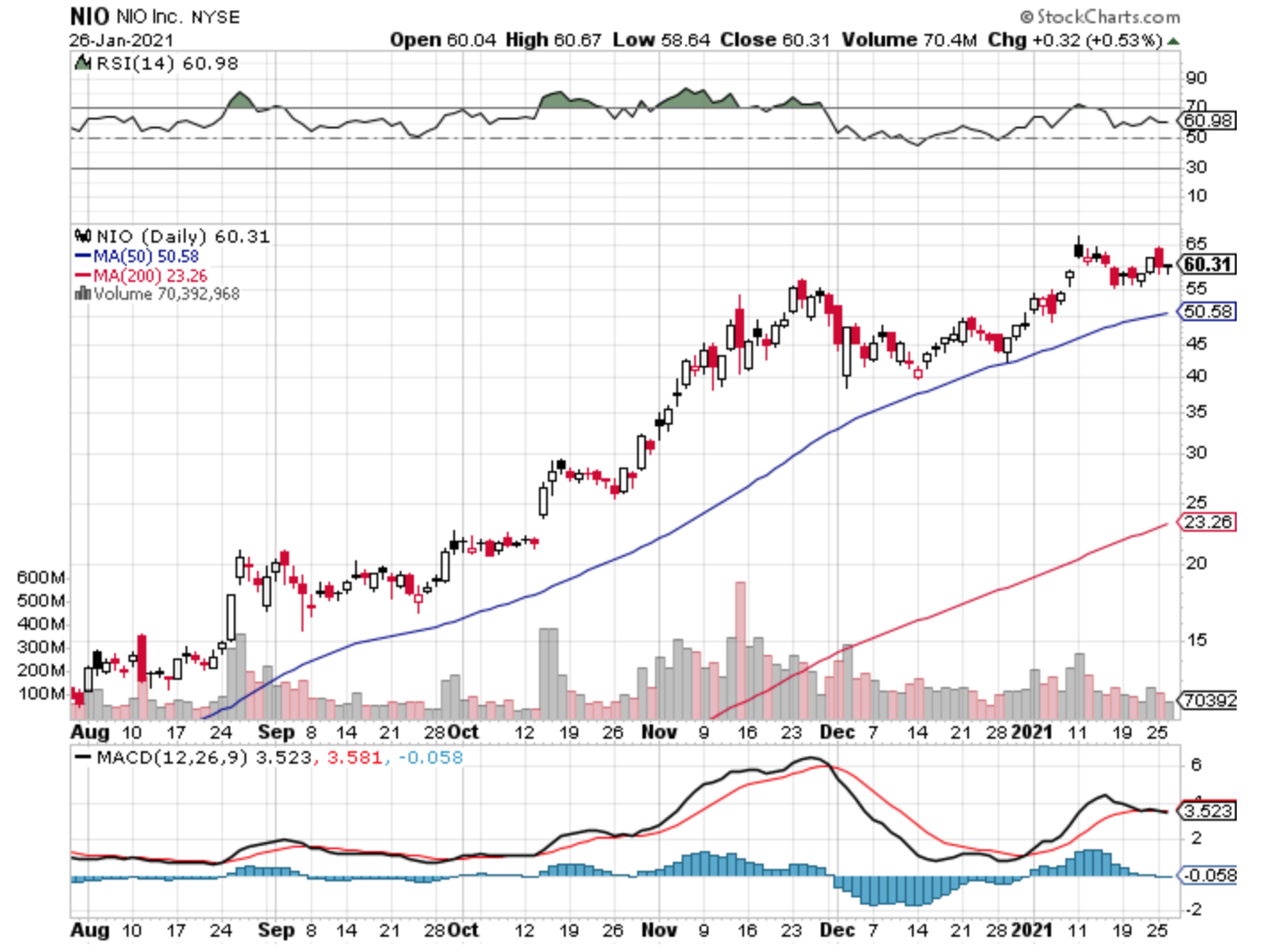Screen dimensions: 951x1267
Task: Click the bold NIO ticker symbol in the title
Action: tap(89, 16)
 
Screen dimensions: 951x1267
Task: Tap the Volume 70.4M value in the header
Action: tap(909, 40)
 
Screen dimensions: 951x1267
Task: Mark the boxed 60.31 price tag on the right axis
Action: tap(1208, 264)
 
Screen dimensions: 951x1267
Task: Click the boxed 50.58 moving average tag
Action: tap(1208, 311)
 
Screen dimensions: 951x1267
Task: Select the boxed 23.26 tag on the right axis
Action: tap(1208, 522)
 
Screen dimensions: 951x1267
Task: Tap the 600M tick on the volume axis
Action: tap(41, 578)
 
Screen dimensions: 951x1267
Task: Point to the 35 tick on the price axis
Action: tap(1196, 411)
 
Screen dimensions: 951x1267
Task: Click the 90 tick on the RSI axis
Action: tap(1196, 78)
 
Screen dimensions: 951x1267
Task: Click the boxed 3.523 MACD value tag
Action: tap(1208, 811)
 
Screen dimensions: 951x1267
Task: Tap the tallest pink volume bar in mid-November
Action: tap(740, 651)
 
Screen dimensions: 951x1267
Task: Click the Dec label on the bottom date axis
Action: tap(837, 930)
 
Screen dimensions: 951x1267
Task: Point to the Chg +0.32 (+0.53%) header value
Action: tap(1075, 40)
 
